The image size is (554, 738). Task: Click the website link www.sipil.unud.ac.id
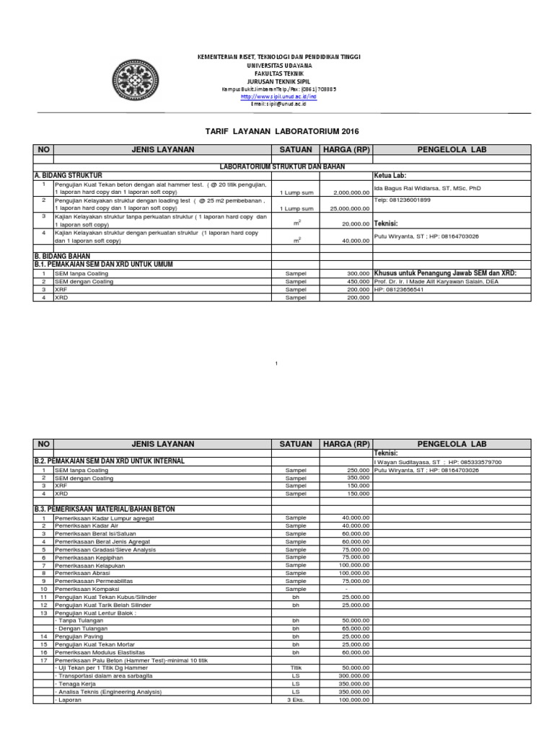click(x=268, y=97)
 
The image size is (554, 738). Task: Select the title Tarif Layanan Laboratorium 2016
click(x=277, y=131)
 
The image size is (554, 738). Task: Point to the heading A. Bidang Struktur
click(x=69, y=175)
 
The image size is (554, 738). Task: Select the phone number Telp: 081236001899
click(x=403, y=200)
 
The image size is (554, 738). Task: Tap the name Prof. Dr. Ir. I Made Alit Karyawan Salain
click(x=446, y=282)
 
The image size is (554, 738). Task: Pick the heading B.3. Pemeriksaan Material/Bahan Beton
click(x=105, y=509)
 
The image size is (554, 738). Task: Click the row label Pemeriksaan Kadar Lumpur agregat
click(x=104, y=518)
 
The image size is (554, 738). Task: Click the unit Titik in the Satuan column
click(x=295, y=668)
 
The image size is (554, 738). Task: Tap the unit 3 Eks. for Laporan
click(x=295, y=700)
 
